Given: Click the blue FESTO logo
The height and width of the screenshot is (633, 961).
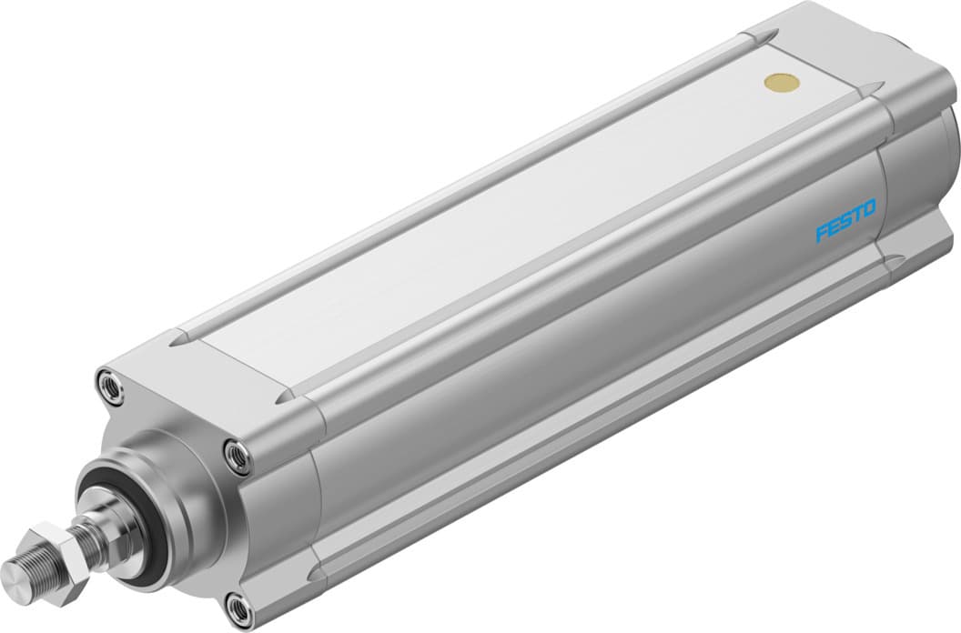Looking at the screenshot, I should [845, 220].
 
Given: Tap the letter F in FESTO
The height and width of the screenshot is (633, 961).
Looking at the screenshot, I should [822, 234].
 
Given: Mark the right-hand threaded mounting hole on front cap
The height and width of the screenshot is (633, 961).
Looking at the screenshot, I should [237, 455].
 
